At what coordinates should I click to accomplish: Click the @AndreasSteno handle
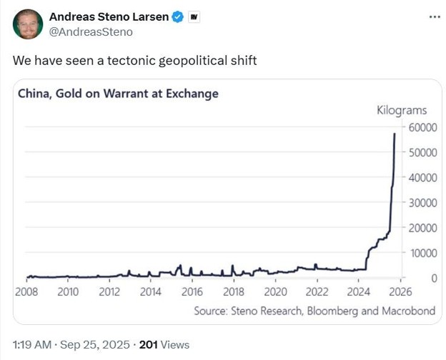tap(91, 32)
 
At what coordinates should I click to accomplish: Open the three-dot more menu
tap(434, 16)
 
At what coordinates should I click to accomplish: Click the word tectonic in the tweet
tap(134, 61)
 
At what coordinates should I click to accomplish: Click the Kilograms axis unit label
tap(402, 111)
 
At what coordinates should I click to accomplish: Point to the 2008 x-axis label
tap(26, 291)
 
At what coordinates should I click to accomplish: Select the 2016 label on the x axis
tap(192, 291)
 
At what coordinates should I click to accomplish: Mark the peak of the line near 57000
tap(395, 134)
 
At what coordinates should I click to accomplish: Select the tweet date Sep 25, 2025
tap(95, 344)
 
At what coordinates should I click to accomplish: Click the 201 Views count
tap(164, 344)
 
